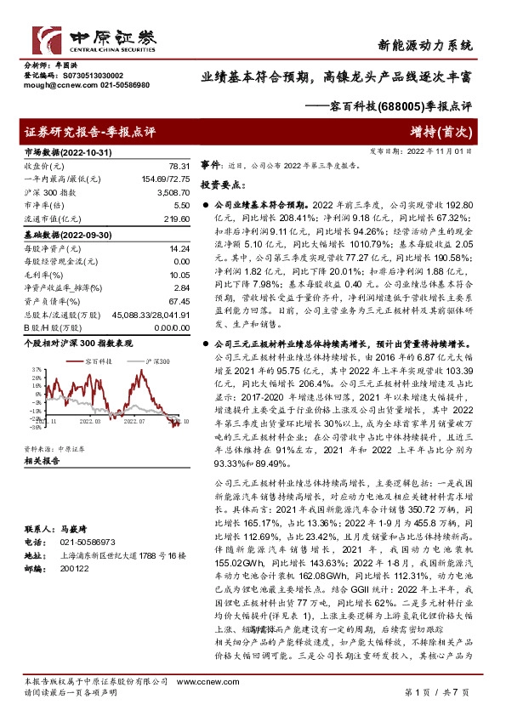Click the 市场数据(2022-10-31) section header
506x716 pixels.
pos(65,151)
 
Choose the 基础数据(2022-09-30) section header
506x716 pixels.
pos(65,234)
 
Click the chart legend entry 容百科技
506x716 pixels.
pos(103,361)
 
